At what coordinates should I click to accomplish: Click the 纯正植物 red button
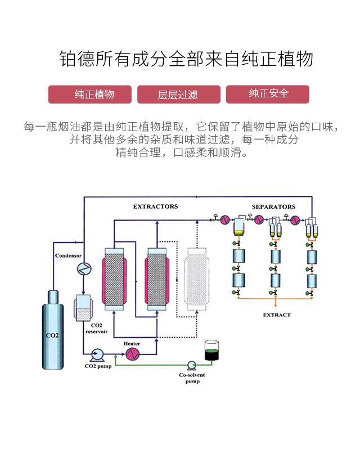[90, 94]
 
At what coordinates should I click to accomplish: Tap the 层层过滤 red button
[178, 95]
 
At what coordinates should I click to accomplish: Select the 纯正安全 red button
[268, 94]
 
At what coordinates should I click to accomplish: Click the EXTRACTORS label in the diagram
[155, 206]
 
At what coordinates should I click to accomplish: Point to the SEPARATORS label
[273, 206]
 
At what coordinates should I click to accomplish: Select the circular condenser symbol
[83, 269]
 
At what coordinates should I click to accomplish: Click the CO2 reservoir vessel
[84, 308]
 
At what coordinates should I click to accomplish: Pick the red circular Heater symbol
[132, 353]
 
